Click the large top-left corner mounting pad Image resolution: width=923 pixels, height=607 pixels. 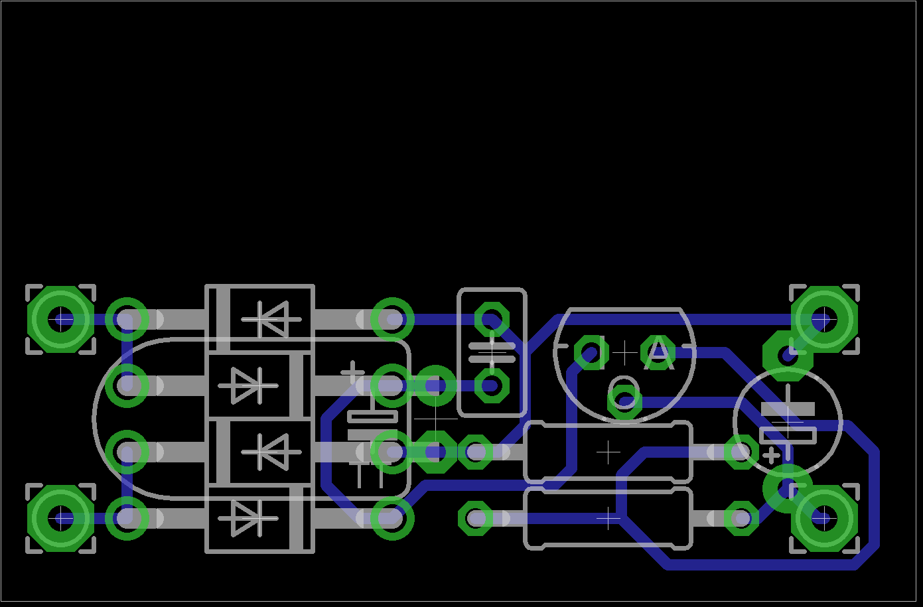pyautogui.click(x=61, y=319)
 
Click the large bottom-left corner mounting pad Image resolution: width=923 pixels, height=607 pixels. pyautogui.click(x=61, y=518)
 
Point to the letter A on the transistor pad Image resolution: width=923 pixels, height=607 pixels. pyautogui.click(x=658, y=354)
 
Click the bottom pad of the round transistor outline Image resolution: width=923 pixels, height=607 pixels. pyautogui.click(x=624, y=399)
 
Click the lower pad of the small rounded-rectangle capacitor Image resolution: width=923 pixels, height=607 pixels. pyautogui.click(x=492, y=385)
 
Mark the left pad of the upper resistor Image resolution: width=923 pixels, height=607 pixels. pyautogui.click(x=476, y=452)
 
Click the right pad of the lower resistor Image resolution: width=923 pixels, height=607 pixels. pyautogui.click(x=741, y=518)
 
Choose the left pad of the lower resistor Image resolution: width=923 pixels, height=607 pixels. pyautogui.click(x=476, y=518)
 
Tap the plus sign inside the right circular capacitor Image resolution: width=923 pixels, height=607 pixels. pyautogui.click(x=771, y=456)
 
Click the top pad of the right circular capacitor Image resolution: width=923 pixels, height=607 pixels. pyautogui.click(x=788, y=355)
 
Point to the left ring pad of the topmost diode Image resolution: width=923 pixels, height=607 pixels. pyautogui.click(x=127, y=319)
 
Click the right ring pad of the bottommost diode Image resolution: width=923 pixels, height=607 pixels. pyautogui.click(x=392, y=518)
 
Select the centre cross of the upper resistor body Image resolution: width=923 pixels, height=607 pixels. pyautogui.click(x=608, y=452)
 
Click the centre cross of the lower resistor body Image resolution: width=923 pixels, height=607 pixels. pyautogui.click(x=608, y=518)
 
